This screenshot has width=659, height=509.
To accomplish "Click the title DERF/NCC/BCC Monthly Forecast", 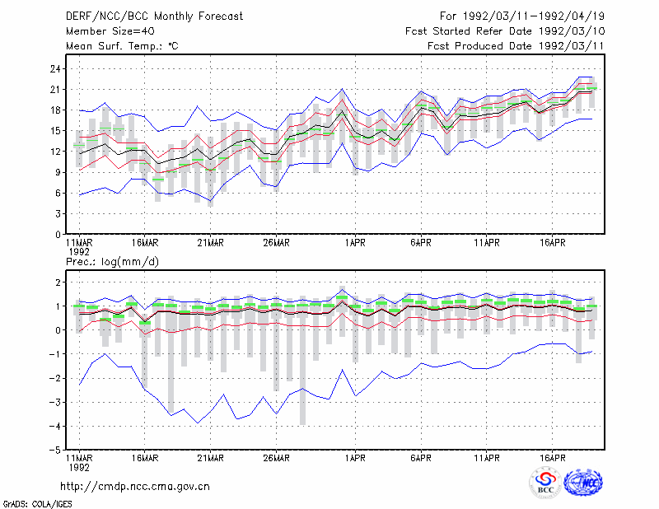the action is (154, 16).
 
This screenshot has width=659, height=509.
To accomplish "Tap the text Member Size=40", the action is (110, 31).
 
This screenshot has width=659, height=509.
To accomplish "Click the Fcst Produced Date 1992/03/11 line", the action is (516, 46).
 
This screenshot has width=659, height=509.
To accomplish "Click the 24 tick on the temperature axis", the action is (55, 68).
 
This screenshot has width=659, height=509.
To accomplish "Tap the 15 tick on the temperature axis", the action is (55, 131).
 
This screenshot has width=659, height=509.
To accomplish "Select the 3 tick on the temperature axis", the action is (58, 213).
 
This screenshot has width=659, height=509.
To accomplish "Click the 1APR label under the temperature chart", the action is (355, 243).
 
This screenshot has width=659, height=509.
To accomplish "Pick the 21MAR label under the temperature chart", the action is (211, 243).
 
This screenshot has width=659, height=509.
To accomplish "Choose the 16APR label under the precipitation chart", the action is (552, 458).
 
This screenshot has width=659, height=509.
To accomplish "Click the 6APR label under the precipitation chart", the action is (421, 458).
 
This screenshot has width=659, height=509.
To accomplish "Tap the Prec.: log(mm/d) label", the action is (112, 262).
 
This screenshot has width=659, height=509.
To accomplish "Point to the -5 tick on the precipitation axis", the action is (54, 450).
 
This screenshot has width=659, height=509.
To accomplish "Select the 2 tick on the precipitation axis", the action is (58, 282).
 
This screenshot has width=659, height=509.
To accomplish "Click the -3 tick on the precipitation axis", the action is (54, 402).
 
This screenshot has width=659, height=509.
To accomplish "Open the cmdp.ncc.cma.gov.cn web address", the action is (135, 487).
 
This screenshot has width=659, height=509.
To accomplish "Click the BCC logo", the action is (545, 483).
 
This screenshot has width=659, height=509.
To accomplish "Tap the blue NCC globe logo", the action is (583, 483).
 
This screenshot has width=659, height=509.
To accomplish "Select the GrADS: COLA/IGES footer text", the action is (37, 504).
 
